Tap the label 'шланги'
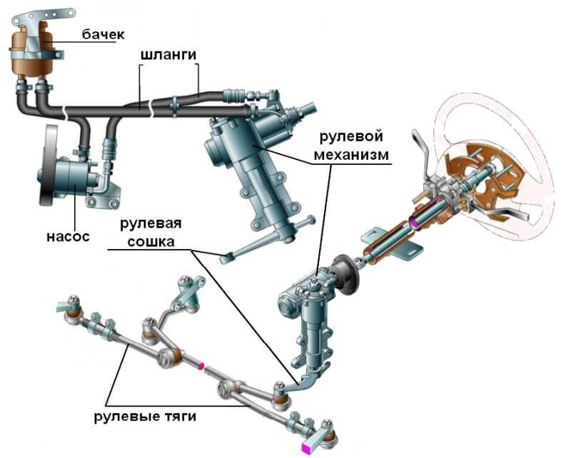[168, 55]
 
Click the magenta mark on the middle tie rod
[202, 366]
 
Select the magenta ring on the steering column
[413, 224]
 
